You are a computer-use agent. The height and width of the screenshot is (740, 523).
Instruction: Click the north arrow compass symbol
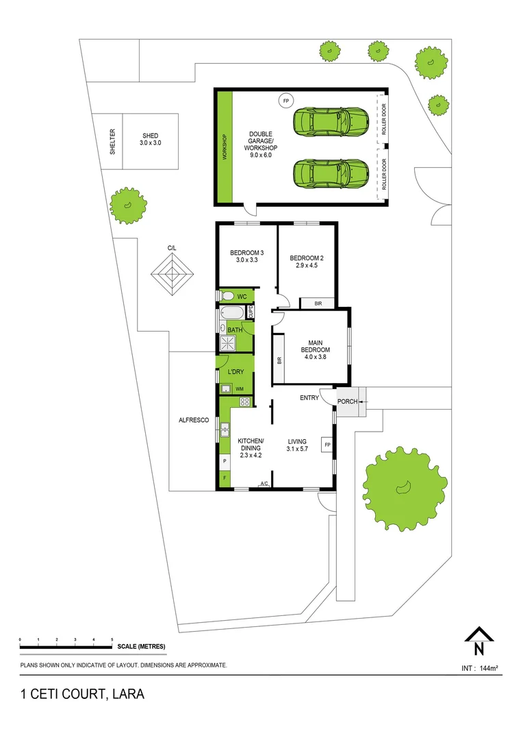(x=479, y=642)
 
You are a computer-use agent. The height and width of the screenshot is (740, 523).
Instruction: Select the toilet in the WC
(x=228, y=296)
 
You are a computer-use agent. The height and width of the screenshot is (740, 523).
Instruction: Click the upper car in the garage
(x=331, y=122)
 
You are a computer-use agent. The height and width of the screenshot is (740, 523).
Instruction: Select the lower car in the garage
(x=331, y=173)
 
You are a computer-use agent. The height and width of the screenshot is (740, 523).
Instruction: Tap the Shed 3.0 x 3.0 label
(x=149, y=139)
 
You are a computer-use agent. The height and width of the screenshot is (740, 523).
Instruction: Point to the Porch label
(x=347, y=401)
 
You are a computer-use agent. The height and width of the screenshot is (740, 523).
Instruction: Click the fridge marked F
(x=224, y=478)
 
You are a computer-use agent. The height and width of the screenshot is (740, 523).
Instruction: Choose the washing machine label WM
(x=240, y=389)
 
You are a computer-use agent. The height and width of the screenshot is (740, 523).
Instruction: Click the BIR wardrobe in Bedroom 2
(x=318, y=302)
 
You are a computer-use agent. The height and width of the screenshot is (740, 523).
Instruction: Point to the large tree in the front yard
(x=404, y=486)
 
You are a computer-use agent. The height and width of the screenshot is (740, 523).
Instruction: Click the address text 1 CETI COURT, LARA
(x=81, y=693)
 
